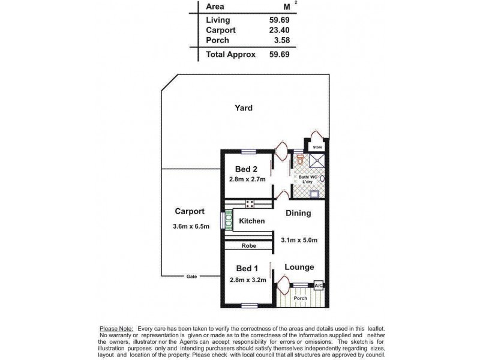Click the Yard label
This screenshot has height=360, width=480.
[x=243, y=108]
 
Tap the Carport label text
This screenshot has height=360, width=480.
[x=190, y=211]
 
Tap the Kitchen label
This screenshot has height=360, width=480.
[x=252, y=221]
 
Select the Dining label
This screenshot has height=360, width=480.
[x=298, y=213]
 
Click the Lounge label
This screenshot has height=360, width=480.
[x=299, y=267]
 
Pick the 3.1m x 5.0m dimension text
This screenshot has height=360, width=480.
[x=299, y=240]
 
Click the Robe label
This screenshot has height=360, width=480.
[x=249, y=246]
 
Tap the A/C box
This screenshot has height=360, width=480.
[x=319, y=286]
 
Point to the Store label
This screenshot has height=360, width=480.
[x=317, y=147]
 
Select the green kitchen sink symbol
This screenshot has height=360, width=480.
[x=228, y=219]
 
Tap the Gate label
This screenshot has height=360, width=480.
[x=191, y=276]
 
